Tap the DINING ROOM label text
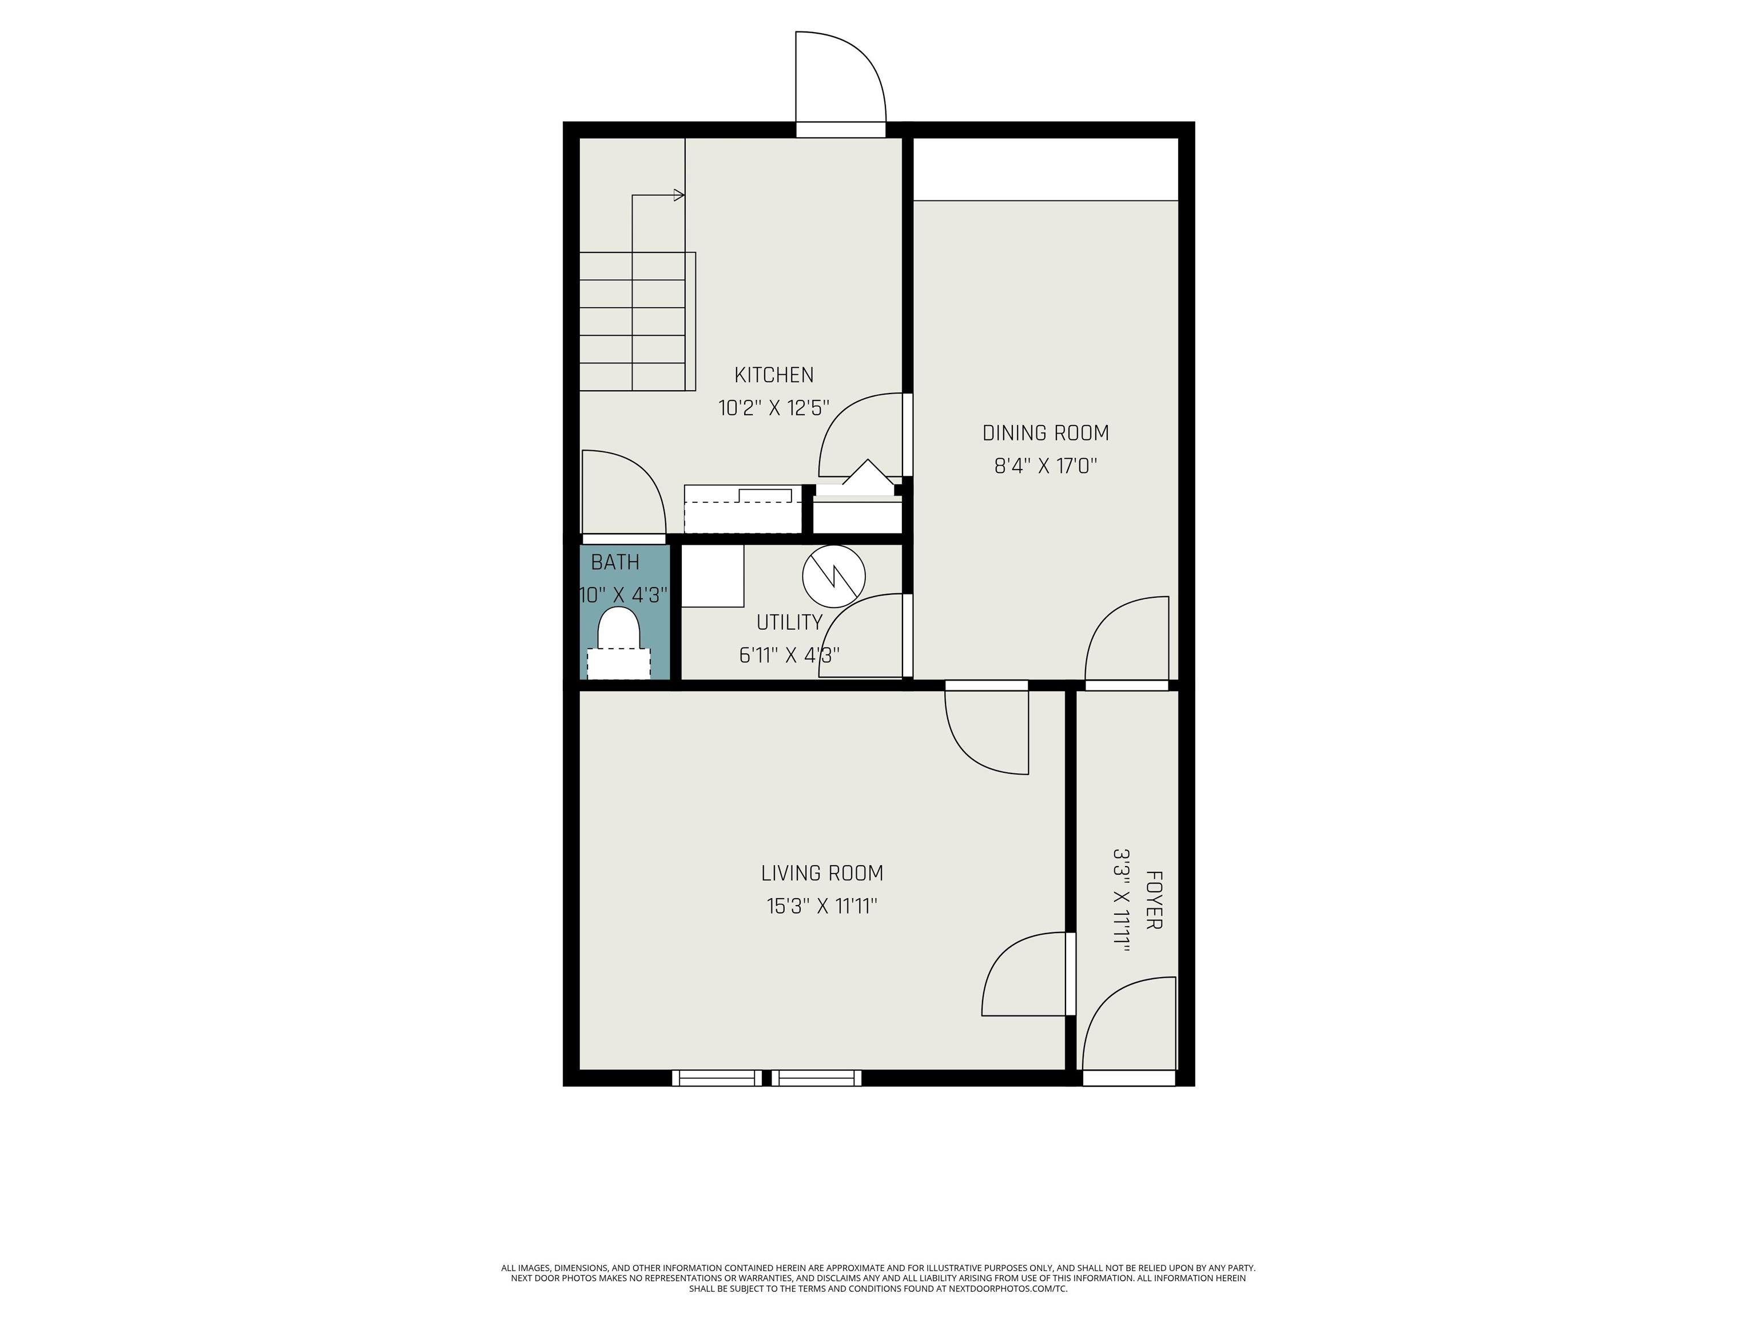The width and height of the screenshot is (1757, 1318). click(1046, 433)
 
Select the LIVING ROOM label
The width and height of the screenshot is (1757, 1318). click(822, 873)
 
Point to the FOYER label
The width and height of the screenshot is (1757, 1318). click(1154, 899)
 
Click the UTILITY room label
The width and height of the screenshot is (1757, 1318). click(789, 622)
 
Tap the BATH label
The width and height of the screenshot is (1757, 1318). click(615, 562)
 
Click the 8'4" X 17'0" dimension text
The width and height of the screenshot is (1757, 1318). click(1046, 466)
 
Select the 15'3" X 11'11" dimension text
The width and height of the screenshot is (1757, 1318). click(822, 906)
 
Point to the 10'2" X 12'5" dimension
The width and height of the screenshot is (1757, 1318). click(774, 408)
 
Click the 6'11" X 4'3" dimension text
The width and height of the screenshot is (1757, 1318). click(789, 656)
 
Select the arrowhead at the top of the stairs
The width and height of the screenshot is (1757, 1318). click(679, 194)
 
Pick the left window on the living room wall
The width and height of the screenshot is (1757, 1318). click(717, 1078)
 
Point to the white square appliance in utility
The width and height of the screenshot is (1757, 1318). click(713, 576)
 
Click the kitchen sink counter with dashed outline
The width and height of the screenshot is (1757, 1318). click(743, 509)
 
